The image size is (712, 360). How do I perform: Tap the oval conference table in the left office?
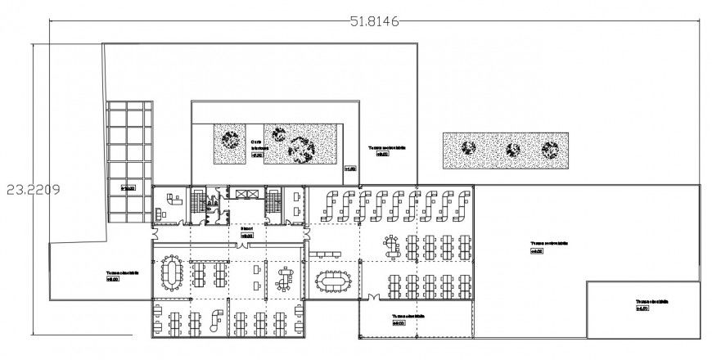pyautogui.click(x=171, y=270)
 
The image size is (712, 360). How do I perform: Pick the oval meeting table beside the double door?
pyautogui.click(x=331, y=282)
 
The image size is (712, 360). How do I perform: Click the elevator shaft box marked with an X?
pyautogui.click(x=246, y=194)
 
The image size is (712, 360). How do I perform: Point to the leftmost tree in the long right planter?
pyautogui.click(x=468, y=148)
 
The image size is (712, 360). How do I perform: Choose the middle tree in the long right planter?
pyautogui.click(x=513, y=150)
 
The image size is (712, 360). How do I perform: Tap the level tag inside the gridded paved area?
pyautogui.click(x=128, y=187)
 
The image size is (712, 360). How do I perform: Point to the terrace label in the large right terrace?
pyautogui.click(x=548, y=245)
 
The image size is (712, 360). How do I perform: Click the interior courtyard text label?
pyautogui.click(x=257, y=145)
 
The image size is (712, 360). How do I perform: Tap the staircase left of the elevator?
pyautogui.click(x=197, y=205)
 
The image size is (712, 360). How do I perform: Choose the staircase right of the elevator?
pyautogui.click(x=273, y=204)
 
